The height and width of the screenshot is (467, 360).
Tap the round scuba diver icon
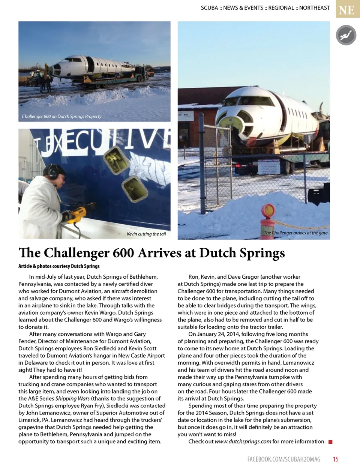pos(346,35)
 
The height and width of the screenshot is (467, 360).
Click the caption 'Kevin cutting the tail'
pos(146,234)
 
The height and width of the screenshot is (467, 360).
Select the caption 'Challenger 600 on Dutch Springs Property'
pos(61,117)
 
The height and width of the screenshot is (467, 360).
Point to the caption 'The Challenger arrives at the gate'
pos(295,233)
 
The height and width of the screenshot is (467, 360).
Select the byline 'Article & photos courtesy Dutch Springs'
pos(59,266)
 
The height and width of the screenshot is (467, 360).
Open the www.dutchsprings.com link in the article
pos(243,441)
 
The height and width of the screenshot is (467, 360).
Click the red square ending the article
pos(330,442)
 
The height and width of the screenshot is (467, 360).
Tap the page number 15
pos(336,459)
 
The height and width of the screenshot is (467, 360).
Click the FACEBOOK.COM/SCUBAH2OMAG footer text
pos(283,459)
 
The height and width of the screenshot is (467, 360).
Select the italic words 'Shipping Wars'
pos(72,398)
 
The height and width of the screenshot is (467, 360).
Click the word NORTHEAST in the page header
pos(314,8)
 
